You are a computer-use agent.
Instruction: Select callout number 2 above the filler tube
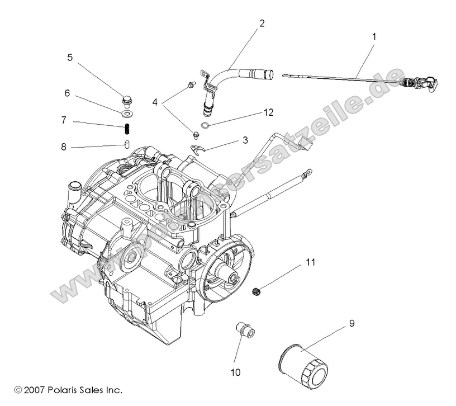tap(262, 23)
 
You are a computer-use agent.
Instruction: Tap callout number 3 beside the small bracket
tap(245, 140)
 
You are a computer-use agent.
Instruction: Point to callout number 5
tap(70, 57)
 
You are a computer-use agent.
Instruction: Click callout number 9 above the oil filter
tap(351, 323)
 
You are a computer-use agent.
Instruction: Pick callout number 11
tap(310, 261)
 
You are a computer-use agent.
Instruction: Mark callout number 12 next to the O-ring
tap(269, 112)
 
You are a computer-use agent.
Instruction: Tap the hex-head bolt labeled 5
tap(126, 101)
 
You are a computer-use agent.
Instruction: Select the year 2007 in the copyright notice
tap(35, 389)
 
